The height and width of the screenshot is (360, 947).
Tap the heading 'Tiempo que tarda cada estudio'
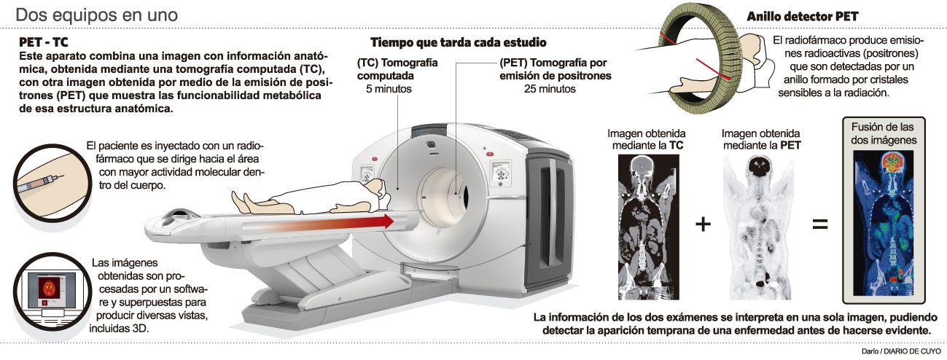[x=458, y=42]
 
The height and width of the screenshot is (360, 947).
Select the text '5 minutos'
[x=389, y=89]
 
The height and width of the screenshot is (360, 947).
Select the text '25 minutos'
[x=550, y=89]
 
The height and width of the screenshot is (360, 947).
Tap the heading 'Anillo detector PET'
[x=802, y=16]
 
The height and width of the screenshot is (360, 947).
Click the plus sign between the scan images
[x=702, y=224]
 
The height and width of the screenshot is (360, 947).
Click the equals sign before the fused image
[x=820, y=224]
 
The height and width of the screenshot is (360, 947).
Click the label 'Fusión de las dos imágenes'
[x=884, y=133]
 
